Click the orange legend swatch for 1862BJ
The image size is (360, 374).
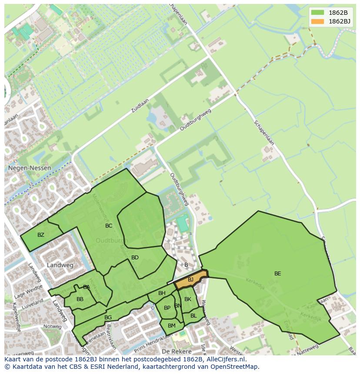(318, 21)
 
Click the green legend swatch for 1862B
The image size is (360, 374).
(318, 13)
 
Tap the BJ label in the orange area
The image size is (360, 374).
(190, 280)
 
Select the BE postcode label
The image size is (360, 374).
(277, 273)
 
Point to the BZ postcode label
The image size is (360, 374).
(40, 235)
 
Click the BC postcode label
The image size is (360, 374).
(109, 225)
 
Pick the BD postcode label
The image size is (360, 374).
(135, 258)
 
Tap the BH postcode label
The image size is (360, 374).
(162, 293)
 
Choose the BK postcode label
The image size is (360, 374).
(188, 299)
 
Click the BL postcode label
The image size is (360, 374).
(193, 315)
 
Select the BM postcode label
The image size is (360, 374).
(171, 325)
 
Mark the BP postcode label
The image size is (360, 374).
(167, 308)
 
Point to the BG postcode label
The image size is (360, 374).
(108, 318)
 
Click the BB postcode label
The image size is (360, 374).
(80, 299)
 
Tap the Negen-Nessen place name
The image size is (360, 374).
(29, 168)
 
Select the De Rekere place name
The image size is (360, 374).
(176, 351)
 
